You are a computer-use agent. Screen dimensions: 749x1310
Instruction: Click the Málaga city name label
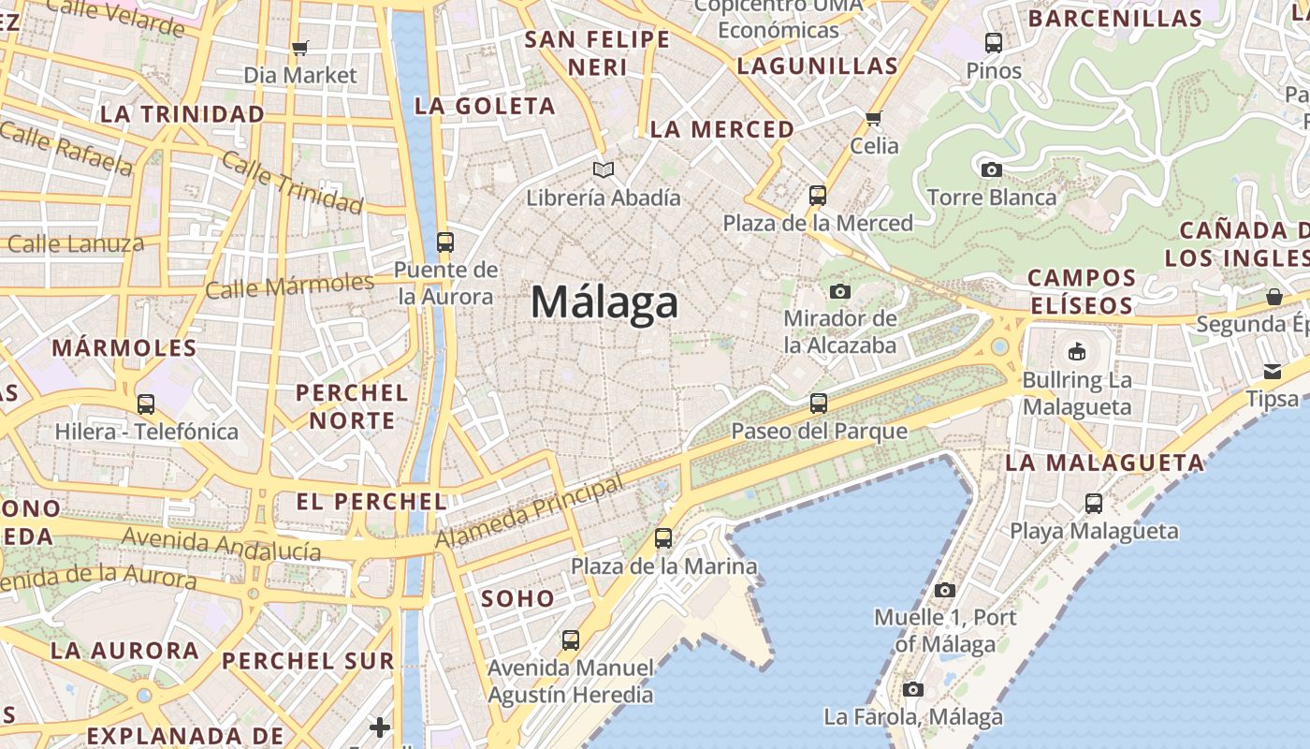tap(604, 302)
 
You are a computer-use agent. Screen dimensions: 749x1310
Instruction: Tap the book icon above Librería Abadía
tap(604, 169)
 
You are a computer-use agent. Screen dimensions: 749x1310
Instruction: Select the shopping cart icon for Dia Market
tap(300, 48)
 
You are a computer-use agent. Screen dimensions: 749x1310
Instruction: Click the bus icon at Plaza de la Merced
tap(818, 196)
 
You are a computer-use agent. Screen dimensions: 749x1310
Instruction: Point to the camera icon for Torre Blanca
tap(992, 169)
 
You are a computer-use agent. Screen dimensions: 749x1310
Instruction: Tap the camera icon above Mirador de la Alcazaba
tap(840, 291)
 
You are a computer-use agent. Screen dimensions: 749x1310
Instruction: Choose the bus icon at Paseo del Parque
tap(819, 404)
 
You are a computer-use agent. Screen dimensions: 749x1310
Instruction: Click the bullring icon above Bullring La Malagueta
tap(1077, 353)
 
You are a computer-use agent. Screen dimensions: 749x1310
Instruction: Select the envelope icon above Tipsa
tap(1273, 372)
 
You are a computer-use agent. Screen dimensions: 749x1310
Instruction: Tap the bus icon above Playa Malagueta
tap(1094, 504)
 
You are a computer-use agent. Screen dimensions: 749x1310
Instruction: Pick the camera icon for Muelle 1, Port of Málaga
tap(945, 590)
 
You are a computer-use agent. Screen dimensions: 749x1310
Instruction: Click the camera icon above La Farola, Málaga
tap(913, 690)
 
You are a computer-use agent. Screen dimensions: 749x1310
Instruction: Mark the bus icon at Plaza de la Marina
tap(663, 538)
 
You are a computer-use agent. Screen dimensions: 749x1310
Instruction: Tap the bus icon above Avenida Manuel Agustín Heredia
tap(571, 640)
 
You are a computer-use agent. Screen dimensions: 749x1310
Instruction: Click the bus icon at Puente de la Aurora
tap(445, 242)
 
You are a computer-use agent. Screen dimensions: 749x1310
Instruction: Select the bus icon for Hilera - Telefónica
tap(146, 404)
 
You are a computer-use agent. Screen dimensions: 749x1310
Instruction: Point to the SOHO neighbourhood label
tap(517, 598)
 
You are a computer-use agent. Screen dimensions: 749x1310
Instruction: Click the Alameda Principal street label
tap(530, 513)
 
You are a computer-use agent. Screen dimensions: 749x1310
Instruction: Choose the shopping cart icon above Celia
tap(874, 118)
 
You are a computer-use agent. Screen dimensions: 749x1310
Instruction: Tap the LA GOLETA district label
tap(485, 106)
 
